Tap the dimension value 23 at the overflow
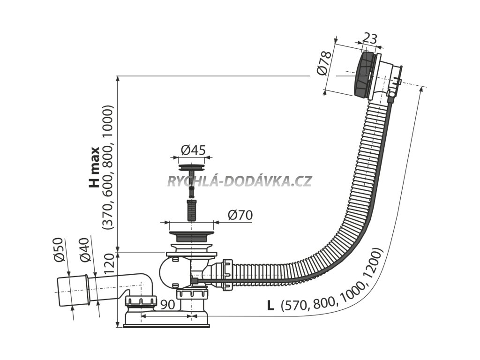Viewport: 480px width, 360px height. [x=370, y=38]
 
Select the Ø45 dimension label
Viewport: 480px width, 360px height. [x=192, y=150]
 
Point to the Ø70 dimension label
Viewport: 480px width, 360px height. [x=240, y=215]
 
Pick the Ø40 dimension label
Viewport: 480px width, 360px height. [x=84, y=251]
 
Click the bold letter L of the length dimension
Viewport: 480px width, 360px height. [x=270, y=305]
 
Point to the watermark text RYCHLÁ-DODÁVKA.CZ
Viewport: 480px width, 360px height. [x=239, y=181]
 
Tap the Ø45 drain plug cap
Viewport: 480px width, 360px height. [x=192, y=166]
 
